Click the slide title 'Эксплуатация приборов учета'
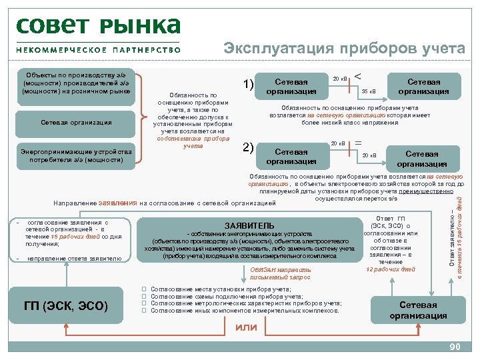(x=344, y=49)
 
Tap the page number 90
(x=455, y=347)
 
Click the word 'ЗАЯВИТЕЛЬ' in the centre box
(x=250, y=225)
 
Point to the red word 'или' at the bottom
(x=247, y=327)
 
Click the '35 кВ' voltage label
(x=369, y=91)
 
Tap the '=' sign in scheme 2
(x=359, y=143)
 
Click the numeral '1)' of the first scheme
(x=248, y=83)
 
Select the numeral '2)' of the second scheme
(x=247, y=147)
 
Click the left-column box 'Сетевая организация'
(x=76, y=122)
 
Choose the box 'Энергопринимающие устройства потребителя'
(x=76, y=155)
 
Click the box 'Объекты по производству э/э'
(x=76, y=81)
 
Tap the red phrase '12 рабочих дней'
(x=391, y=269)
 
